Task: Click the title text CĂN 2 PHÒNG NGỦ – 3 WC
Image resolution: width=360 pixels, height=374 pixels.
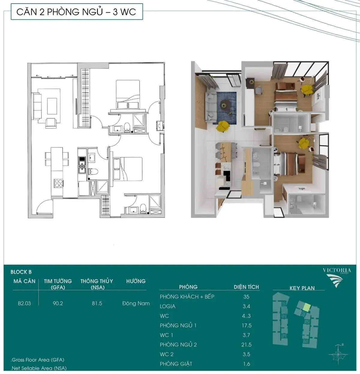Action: coord(76,12)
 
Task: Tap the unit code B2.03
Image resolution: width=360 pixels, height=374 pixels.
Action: coord(24,303)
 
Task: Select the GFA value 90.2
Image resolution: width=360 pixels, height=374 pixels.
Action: coord(58,303)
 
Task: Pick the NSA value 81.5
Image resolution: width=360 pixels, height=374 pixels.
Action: coord(97,303)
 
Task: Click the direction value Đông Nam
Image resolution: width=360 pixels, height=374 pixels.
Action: coord(136,303)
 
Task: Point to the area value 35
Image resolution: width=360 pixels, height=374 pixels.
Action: coord(246,297)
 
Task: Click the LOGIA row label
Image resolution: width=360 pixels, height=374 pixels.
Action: coord(168,306)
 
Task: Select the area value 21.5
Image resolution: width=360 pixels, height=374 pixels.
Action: coord(247,345)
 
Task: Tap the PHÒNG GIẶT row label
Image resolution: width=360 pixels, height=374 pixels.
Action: coord(176,364)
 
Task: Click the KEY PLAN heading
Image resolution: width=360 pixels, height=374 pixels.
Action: coord(302,288)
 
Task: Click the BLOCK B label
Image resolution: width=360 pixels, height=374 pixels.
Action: coord(21,272)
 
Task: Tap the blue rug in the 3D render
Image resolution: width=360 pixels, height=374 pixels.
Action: coord(226,108)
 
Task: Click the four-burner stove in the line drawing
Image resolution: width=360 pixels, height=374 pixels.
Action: coord(58,183)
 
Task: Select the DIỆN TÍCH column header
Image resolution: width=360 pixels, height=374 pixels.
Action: coord(246,287)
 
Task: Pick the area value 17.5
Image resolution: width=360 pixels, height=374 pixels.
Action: coord(247,325)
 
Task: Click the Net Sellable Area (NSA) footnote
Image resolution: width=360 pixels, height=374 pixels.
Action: coord(39,368)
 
